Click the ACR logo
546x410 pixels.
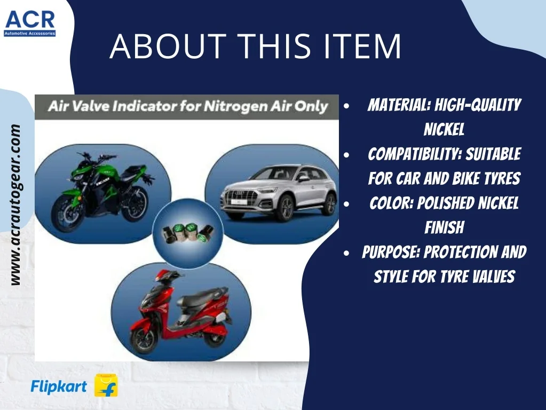(30, 23)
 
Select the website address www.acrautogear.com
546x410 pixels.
(15, 205)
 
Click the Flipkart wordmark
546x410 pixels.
(59, 387)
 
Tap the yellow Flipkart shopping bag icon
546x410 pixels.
(106, 385)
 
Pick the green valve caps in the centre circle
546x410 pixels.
(188, 232)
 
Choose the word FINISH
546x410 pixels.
(444, 227)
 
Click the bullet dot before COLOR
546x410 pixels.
(346, 203)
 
